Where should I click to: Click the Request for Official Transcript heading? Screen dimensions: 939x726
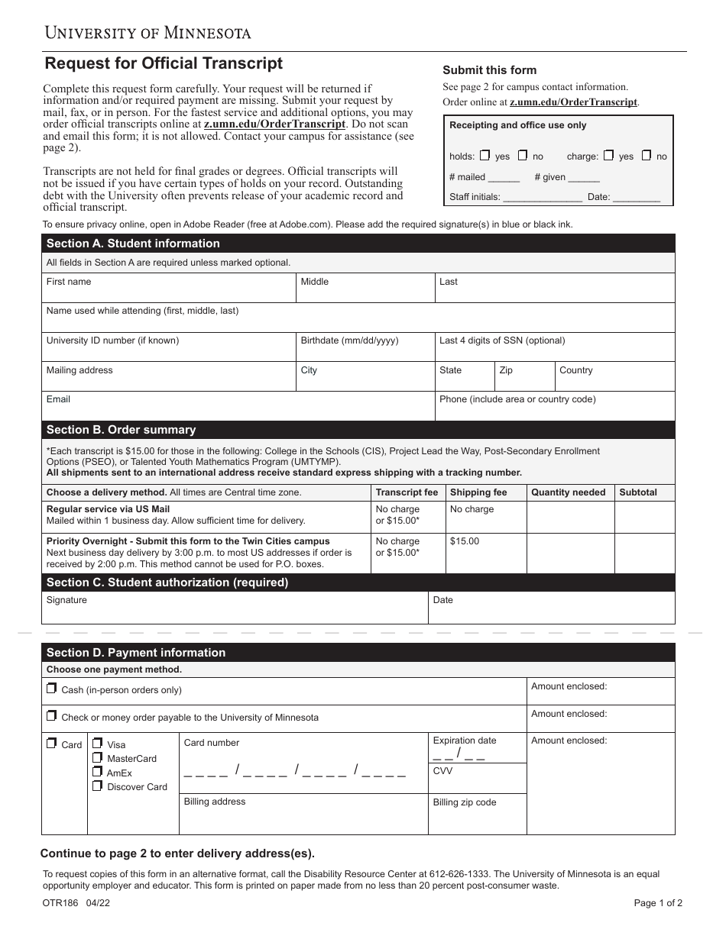164,63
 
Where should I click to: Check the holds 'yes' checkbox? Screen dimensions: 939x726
485,156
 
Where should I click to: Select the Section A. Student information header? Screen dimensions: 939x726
133,244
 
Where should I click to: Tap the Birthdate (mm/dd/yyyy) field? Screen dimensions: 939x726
365,348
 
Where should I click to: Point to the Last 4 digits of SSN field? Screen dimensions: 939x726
554,348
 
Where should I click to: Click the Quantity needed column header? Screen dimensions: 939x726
568,492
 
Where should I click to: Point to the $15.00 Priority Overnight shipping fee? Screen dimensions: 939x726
465,541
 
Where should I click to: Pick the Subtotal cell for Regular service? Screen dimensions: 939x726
644,517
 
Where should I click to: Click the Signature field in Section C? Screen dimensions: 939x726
234,609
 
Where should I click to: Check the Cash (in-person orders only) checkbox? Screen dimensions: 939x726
51,689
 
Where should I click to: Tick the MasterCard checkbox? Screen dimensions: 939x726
97,758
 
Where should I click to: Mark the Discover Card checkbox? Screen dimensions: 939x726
97,786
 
